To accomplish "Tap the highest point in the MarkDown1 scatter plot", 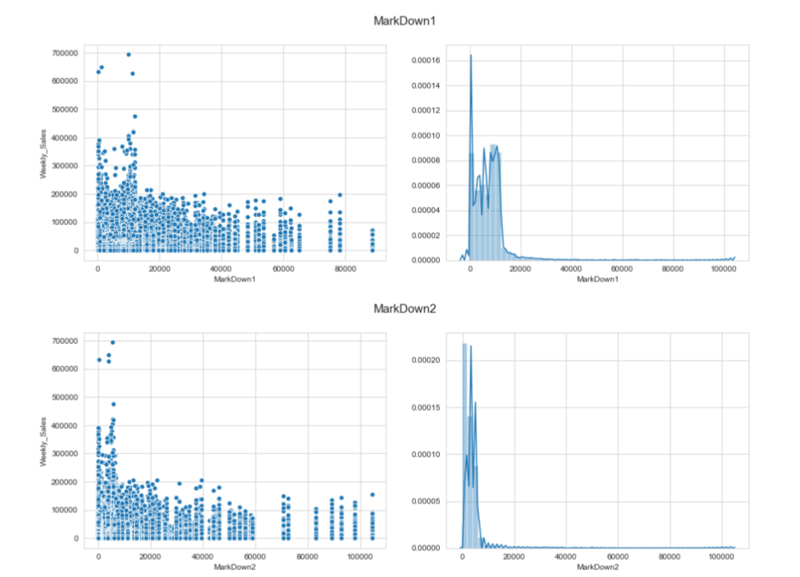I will click(x=129, y=55).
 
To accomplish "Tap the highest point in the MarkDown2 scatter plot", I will click(x=113, y=342).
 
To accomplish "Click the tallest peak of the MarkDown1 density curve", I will click(x=470, y=55).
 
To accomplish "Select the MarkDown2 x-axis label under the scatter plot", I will click(x=233, y=567).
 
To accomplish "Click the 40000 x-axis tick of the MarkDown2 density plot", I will click(x=566, y=556).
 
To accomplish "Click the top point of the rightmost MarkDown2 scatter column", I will click(x=372, y=494).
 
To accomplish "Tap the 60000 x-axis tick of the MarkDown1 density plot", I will click(x=622, y=270).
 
